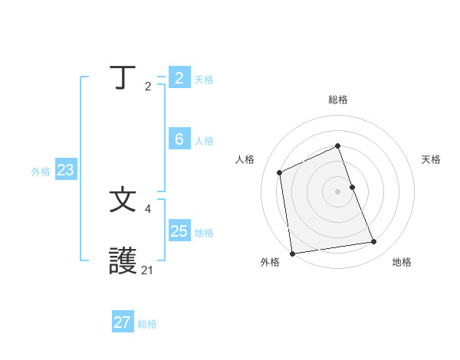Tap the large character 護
[x=123, y=261]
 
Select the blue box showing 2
[x=179, y=78]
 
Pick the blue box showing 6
[x=179, y=139]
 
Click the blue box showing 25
[x=179, y=231]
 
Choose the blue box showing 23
[x=65, y=170]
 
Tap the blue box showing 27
[x=122, y=322]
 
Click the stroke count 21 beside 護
[x=148, y=270]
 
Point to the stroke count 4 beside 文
[x=148, y=208]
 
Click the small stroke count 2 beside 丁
[x=148, y=86]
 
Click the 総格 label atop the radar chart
[x=338, y=100]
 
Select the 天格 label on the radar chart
[x=432, y=159]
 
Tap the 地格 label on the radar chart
[x=402, y=262]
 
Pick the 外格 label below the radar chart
[x=270, y=262]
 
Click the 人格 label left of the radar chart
[x=245, y=159]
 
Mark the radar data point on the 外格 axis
[x=292, y=254]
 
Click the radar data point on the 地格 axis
[x=374, y=242]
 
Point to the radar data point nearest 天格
[x=352, y=187]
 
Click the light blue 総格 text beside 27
[x=147, y=324]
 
